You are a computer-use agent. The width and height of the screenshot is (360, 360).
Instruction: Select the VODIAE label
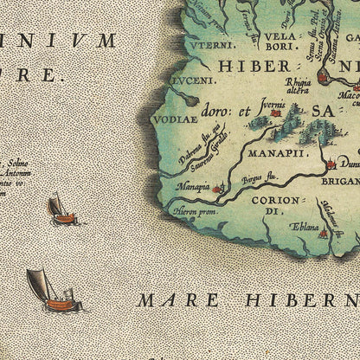pos(170,120)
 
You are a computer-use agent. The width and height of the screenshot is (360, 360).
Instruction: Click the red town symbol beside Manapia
pos(217,186)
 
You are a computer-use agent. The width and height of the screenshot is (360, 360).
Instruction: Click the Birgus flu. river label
pos(252,183)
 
